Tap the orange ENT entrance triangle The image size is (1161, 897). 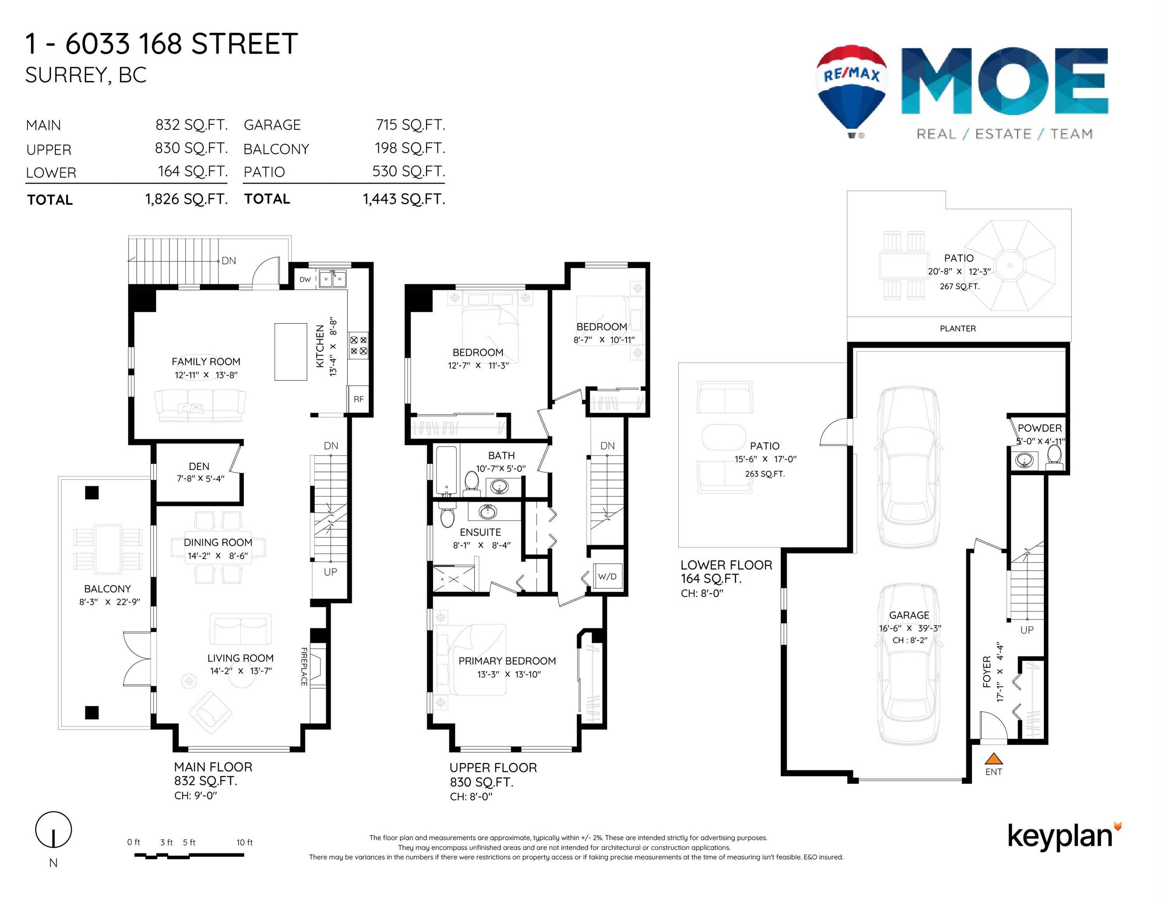point(994,759)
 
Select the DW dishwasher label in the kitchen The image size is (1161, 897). point(305,280)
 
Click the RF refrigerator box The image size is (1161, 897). point(359,399)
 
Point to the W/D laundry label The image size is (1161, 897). point(607,577)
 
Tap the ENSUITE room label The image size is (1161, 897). point(480,532)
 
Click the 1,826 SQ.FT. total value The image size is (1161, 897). point(186,199)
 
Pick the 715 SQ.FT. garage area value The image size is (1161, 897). point(410,125)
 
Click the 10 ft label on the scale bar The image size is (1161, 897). point(245,842)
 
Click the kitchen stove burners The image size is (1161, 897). point(358,345)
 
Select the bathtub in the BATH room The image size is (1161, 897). point(446,470)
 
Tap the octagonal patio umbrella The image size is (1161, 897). point(1009,265)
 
